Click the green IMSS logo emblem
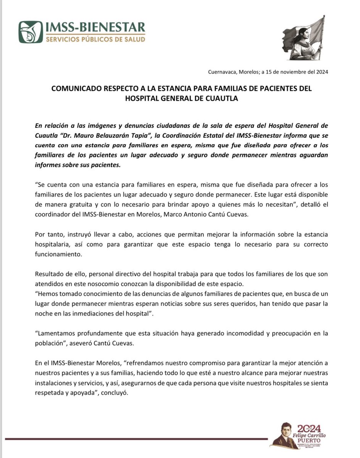[x=31, y=32]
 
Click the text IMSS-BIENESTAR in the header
[x=95, y=27]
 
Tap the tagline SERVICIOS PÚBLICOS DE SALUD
[x=95, y=39]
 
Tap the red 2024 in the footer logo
[x=309, y=428]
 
